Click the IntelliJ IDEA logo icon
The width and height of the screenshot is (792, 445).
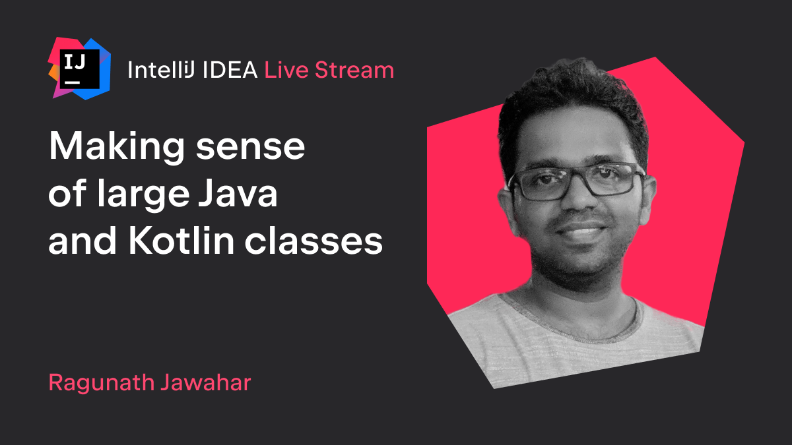click(80, 69)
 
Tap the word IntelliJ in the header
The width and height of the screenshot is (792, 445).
click(161, 70)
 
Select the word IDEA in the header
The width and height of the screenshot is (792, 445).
click(230, 70)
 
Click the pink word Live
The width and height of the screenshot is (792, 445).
click(286, 70)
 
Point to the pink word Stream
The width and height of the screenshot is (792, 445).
click(354, 70)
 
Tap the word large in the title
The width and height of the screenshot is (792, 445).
click(144, 194)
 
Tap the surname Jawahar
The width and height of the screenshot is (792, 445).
click(206, 382)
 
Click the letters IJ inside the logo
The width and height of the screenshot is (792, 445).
click(75, 62)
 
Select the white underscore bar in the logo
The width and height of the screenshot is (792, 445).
click(72, 82)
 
